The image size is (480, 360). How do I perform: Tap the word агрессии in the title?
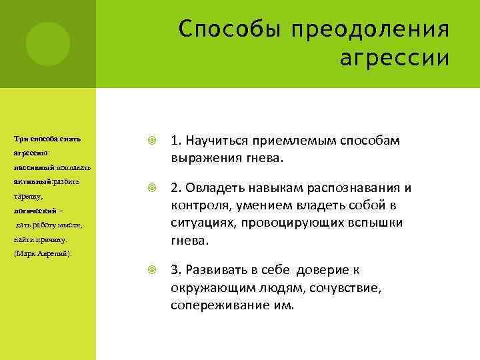(394, 59)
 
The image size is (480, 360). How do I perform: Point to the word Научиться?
(217, 141)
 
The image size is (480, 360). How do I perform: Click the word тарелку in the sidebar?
(28, 197)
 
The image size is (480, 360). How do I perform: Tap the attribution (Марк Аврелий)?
(44, 254)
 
